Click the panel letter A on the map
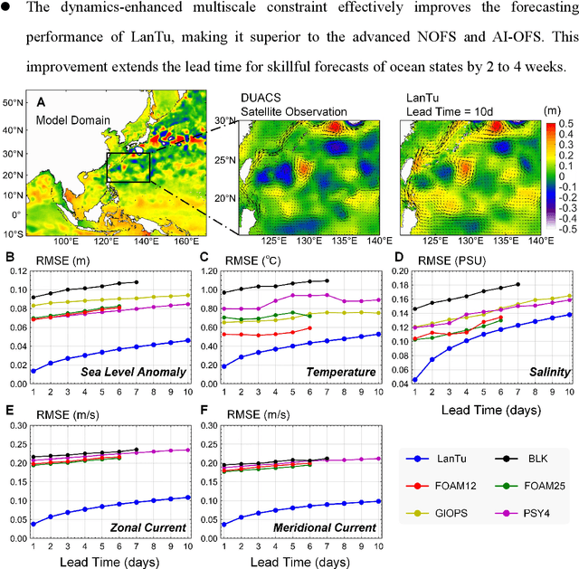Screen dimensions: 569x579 [40, 103]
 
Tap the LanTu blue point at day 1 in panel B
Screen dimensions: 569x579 [33, 371]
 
